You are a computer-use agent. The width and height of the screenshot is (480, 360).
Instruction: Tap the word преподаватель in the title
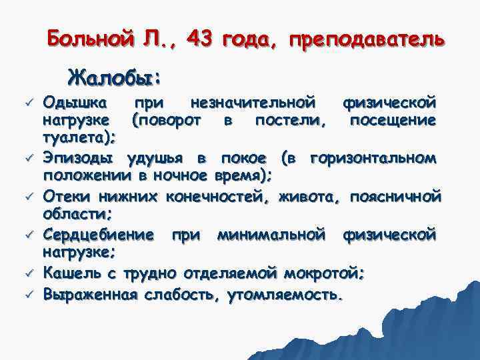(x=365, y=39)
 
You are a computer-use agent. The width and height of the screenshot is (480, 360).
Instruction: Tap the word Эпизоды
(x=79, y=159)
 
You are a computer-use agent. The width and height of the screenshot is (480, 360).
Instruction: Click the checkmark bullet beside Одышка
(x=29, y=103)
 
